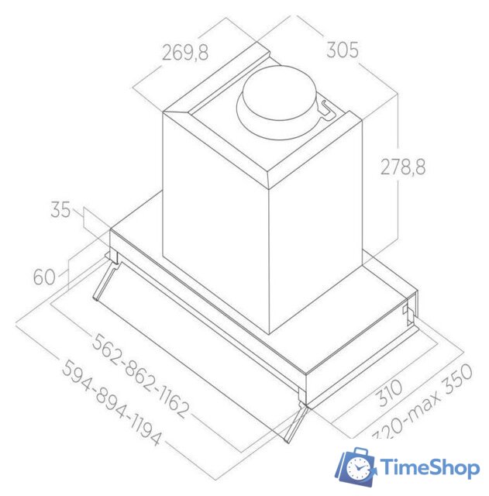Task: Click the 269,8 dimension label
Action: [x=185, y=52]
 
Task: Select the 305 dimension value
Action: [x=343, y=50]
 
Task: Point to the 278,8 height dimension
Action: [x=403, y=167]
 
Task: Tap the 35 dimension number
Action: [x=60, y=209]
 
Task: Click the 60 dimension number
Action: [x=44, y=277]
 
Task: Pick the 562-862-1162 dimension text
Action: [x=140, y=375]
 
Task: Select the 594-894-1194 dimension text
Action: [x=112, y=403]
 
